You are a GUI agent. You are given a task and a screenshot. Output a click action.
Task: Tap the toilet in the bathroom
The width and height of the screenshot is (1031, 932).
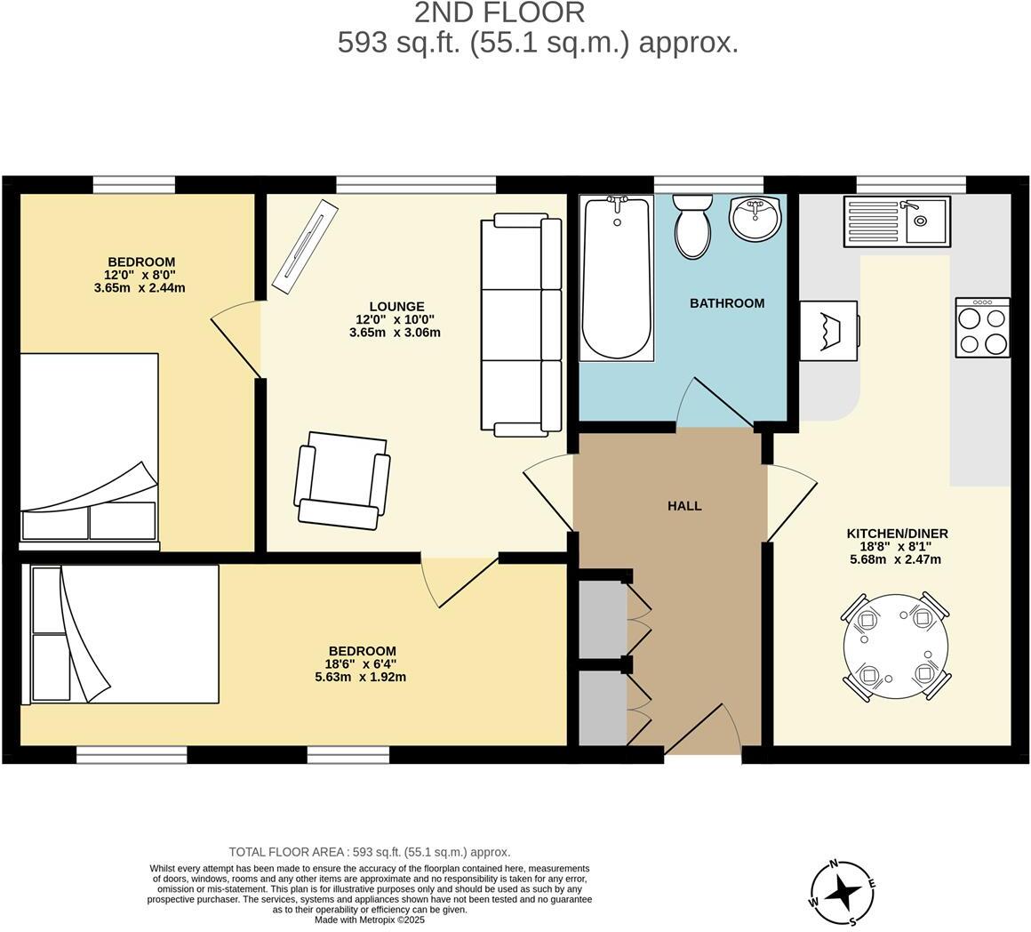click(691, 226)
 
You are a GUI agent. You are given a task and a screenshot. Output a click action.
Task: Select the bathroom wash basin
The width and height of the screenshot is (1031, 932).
click(755, 218)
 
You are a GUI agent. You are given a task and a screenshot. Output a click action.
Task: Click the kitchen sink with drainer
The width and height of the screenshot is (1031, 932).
click(896, 221)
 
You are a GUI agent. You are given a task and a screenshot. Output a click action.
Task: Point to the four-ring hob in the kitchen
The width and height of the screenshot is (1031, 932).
click(982, 327)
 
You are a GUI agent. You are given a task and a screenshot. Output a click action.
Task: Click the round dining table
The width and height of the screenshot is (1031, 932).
click(895, 647)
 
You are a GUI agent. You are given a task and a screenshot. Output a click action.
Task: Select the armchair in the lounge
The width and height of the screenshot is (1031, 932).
click(343, 480)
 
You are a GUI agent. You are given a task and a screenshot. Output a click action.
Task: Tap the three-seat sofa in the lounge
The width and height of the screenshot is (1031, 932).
click(521, 325)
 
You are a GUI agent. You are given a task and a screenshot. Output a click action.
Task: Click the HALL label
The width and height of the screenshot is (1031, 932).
click(684, 506)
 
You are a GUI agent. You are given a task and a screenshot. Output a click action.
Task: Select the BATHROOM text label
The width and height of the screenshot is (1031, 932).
click(727, 303)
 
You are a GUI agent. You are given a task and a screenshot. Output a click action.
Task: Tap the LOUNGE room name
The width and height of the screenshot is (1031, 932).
click(396, 307)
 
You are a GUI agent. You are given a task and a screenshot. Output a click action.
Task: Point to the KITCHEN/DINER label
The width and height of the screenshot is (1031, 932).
click(897, 534)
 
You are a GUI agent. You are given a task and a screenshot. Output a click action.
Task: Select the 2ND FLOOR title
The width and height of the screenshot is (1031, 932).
click(500, 13)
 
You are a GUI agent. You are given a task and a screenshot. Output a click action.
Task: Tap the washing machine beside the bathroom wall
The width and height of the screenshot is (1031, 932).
click(828, 331)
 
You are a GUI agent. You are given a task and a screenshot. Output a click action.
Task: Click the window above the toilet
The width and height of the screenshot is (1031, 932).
click(708, 185)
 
